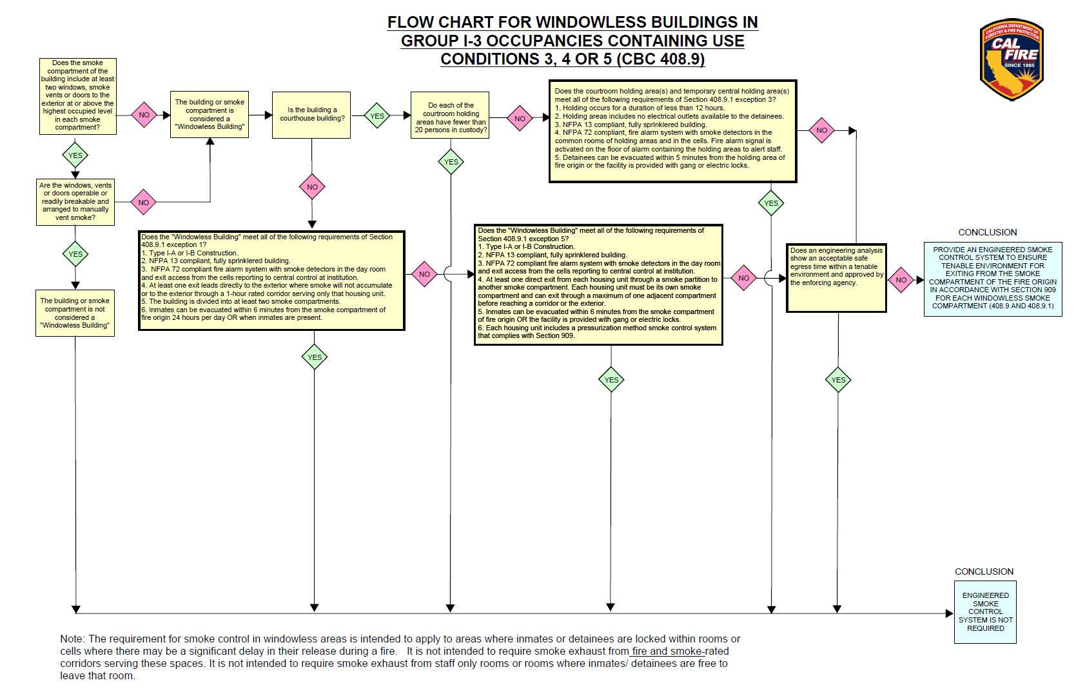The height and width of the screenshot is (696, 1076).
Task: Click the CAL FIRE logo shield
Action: [1012, 59]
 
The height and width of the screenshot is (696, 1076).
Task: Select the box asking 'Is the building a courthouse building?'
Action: [311, 115]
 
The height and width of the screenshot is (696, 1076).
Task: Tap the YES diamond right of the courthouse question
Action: [377, 116]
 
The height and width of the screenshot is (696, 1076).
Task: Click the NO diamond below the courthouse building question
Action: [312, 187]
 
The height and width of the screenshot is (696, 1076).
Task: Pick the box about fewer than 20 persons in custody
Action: [451, 115]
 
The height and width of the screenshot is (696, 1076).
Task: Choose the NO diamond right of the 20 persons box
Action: [520, 119]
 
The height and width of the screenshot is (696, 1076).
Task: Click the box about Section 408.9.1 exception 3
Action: [672, 131]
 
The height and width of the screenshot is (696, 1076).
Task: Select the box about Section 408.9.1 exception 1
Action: [271, 281]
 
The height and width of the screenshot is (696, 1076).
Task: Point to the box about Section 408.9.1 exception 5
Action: [598, 284]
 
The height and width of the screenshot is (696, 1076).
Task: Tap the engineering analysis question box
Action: [837, 278]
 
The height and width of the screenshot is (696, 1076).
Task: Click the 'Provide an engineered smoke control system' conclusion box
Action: [992, 279]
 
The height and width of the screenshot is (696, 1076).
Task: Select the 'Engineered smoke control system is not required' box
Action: [985, 611]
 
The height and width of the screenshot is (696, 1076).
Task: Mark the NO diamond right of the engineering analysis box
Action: [901, 280]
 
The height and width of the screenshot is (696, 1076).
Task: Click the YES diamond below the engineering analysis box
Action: [838, 380]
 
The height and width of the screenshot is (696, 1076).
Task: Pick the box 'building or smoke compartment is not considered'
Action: [75, 313]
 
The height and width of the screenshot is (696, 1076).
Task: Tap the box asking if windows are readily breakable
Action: [75, 202]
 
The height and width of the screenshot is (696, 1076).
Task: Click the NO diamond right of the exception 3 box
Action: [821, 130]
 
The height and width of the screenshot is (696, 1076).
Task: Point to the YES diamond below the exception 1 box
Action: [315, 357]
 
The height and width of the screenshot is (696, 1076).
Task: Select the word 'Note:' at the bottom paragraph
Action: [72, 639]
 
